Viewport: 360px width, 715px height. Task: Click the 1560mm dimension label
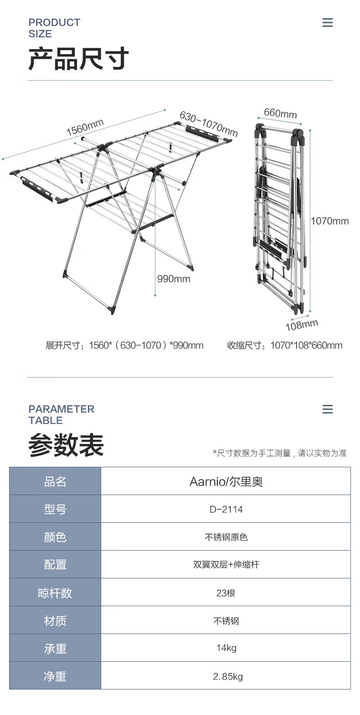pyautogui.click(x=85, y=127)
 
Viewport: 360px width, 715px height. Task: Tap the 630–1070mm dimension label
pyautogui.click(x=208, y=124)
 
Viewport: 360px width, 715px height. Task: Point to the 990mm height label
pyautogui.click(x=174, y=279)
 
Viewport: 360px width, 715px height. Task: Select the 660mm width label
pyautogui.click(x=280, y=113)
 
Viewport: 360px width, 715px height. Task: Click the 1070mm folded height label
pyautogui.click(x=329, y=221)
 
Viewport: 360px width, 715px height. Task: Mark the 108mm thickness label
pyautogui.click(x=302, y=325)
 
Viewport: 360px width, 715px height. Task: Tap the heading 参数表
pyautogui.click(x=67, y=445)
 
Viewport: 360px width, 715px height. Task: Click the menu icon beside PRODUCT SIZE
pyautogui.click(x=327, y=23)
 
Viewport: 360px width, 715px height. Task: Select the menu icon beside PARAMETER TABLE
pyautogui.click(x=327, y=409)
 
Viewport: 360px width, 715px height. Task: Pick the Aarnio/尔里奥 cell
pyautogui.click(x=226, y=481)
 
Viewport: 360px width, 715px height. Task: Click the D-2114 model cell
pyautogui.click(x=226, y=509)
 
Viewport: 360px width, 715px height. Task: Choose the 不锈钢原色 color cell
pyautogui.click(x=226, y=537)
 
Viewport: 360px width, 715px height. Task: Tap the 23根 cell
pyautogui.click(x=226, y=592)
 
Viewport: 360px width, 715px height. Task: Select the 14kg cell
pyautogui.click(x=226, y=648)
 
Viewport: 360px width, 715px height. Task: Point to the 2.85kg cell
pyautogui.click(x=228, y=676)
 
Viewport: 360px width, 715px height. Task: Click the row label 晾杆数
pyautogui.click(x=55, y=592)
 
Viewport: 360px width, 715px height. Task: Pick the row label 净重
pyautogui.click(x=55, y=676)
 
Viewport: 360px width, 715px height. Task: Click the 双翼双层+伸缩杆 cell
pyautogui.click(x=226, y=565)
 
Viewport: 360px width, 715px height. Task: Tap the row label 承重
pyautogui.click(x=55, y=648)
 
